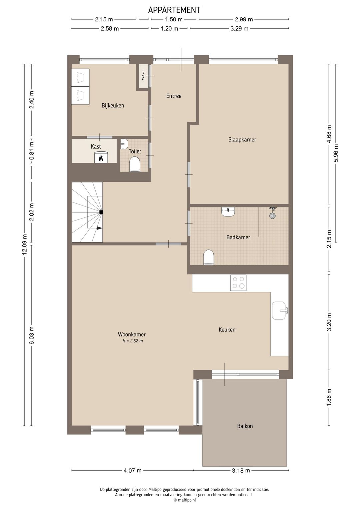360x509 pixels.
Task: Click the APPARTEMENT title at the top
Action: (x=174, y=10)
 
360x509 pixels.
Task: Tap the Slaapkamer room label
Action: (x=242, y=140)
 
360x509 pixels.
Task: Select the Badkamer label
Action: (x=238, y=237)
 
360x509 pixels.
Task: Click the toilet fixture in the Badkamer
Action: (x=209, y=257)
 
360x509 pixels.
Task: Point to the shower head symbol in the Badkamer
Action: (x=273, y=214)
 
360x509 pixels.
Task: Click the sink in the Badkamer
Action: (x=228, y=211)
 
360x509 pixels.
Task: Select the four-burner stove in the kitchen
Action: (x=238, y=283)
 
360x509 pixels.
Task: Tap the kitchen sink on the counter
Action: (x=279, y=311)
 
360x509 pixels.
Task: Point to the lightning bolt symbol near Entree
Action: (x=144, y=76)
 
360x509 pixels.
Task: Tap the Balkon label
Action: (x=245, y=426)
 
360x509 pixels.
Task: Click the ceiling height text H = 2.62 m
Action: (x=132, y=341)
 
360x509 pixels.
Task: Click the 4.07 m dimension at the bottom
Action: (x=132, y=471)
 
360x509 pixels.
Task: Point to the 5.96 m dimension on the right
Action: (x=336, y=153)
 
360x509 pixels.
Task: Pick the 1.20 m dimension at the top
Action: (x=169, y=29)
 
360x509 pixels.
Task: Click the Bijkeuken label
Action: (x=113, y=106)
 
